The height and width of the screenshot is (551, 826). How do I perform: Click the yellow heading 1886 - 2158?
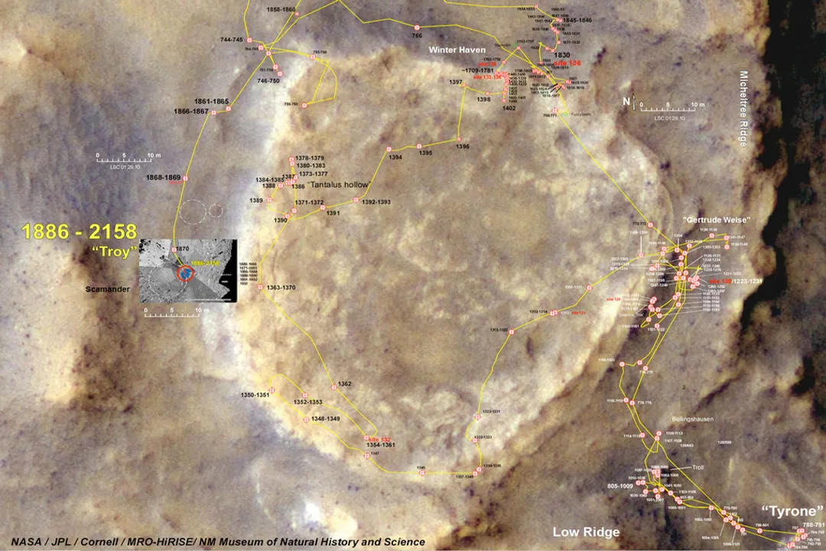tap(80, 232)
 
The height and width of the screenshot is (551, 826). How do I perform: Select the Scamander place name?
tap(109, 290)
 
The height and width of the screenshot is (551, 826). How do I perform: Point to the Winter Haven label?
tap(457, 51)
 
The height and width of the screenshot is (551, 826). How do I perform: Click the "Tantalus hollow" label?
tap(338, 185)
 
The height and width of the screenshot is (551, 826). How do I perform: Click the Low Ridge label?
tap(587, 532)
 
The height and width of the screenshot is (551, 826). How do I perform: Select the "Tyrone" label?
tap(792, 510)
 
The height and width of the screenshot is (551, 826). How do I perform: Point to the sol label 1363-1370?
tap(281, 288)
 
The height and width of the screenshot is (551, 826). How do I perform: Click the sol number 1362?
tap(344, 383)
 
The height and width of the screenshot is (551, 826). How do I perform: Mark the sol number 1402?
tap(509, 109)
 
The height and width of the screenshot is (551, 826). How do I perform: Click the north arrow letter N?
tap(626, 102)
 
